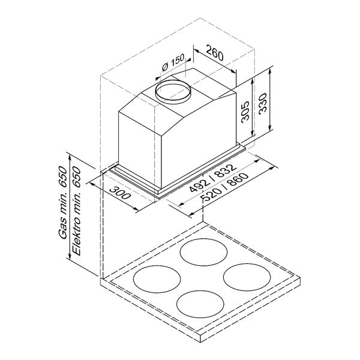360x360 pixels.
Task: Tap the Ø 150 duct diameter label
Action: coord(173,64)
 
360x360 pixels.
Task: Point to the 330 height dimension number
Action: coord(263,105)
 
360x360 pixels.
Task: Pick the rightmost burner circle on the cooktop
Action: coord(247,277)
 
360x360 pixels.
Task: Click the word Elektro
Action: coord(76,239)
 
